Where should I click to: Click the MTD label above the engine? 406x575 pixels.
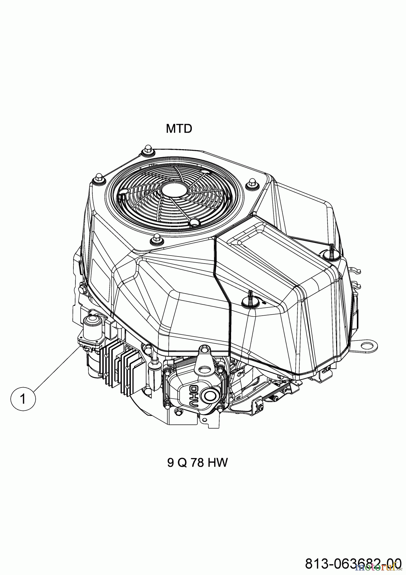[x=179, y=129]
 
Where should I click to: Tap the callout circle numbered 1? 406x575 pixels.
[x=23, y=399]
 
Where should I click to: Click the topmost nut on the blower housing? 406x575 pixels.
[x=147, y=148]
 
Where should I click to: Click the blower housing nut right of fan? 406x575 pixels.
[x=252, y=183]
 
